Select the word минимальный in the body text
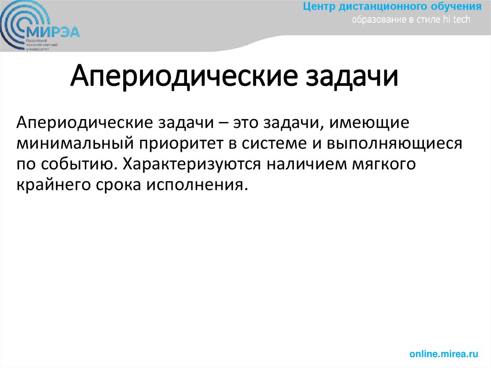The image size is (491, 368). click(x=76, y=143)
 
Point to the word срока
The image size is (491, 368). click(x=124, y=185)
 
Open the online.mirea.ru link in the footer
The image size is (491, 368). click(x=444, y=354)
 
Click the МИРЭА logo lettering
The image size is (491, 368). click(x=54, y=32)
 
